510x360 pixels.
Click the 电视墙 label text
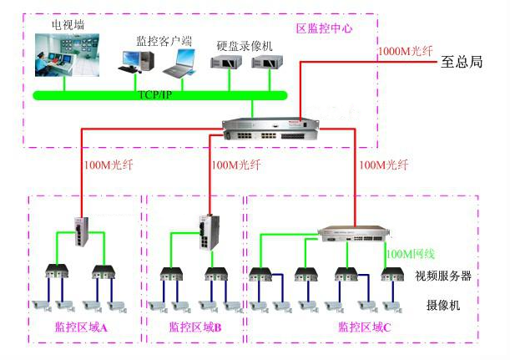tap(68, 24)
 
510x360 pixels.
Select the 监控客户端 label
tap(164, 39)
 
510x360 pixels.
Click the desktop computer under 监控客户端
tap(137, 61)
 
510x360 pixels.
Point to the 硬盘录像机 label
tap(244, 46)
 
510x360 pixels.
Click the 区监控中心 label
tap(325, 28)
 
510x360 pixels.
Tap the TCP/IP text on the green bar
tap(155, 94)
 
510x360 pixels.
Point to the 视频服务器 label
tap(443, 276)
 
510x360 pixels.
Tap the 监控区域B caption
tap(195, 327)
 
